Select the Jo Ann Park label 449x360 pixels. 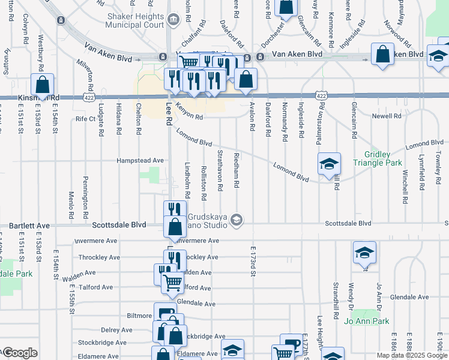tap(367, 322)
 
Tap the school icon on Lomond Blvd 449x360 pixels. tap(328, 164)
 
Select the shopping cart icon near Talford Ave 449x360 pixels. tap(172, 282)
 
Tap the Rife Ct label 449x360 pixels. tap(85, 119)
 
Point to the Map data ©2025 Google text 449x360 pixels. tap(411, 355)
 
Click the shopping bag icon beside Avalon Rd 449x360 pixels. tap(246, 79)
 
